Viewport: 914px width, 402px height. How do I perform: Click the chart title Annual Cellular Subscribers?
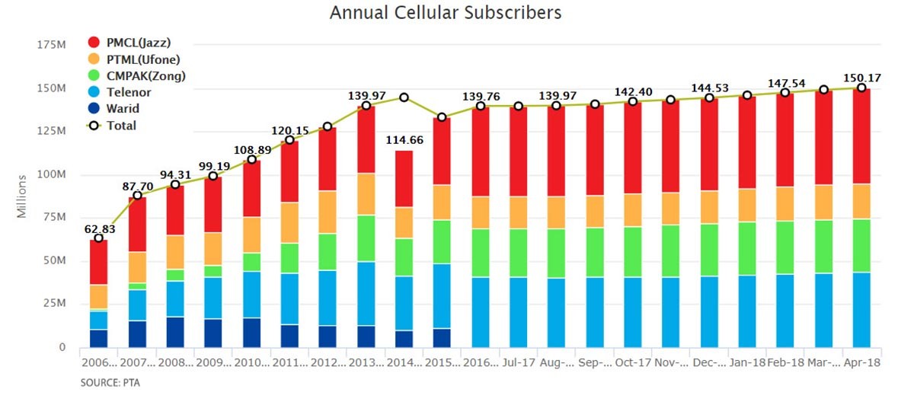tap(446, 13)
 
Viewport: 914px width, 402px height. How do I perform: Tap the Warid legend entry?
tap(122, 109)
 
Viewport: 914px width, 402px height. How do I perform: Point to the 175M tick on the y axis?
tap(51, 45)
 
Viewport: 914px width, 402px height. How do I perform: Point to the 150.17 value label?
tap(861, 78)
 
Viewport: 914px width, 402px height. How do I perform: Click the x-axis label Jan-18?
tap(747, 363)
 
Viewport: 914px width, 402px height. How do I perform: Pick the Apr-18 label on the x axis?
tap(861, 363)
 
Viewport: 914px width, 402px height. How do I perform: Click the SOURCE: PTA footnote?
tap(110, 384)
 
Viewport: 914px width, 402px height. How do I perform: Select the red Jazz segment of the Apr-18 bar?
tap(861, 136)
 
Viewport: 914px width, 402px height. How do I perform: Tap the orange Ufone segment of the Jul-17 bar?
tap(519, 212)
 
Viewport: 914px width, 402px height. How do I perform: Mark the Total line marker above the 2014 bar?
tap(404, 97)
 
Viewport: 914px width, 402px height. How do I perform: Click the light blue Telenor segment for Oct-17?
tap(633, 312)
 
